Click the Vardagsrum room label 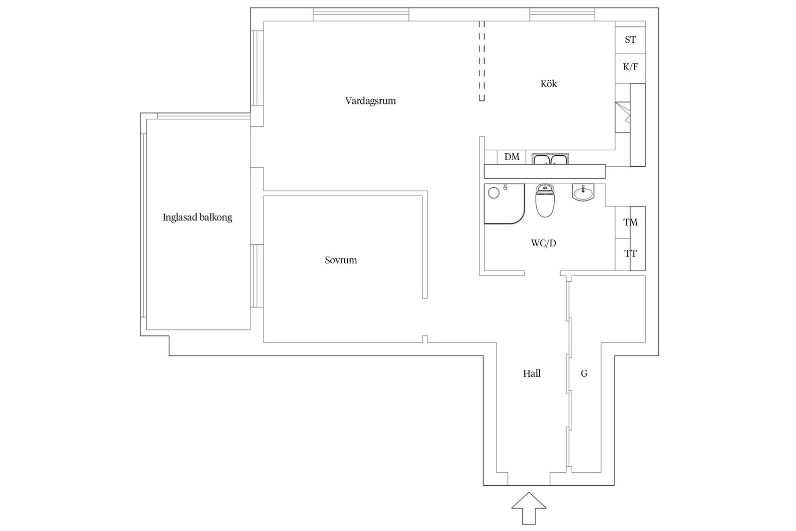click(370, 101)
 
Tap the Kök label click(548, 84)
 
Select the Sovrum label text click(341, 260)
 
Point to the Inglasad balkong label click(197, 217)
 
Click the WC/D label click(543, 243)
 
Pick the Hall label click(531, 373)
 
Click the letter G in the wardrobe click(584, 373)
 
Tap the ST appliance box click(630, 40)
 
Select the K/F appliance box click(630, 67)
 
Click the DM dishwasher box click(511, 157)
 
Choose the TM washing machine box click(630, 222)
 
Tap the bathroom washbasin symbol click(583, 192)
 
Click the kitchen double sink click(550, 159)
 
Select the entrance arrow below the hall click(529, 508)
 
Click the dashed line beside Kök click(481, 61)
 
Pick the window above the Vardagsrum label click(361, 14)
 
